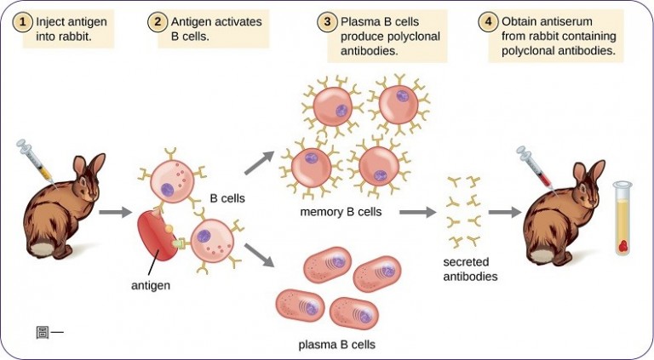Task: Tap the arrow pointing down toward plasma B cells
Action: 262,252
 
